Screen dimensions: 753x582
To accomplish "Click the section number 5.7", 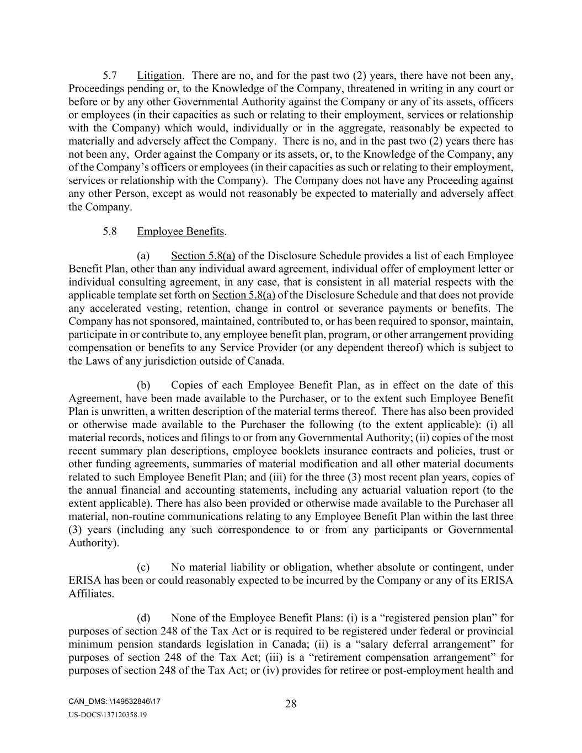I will point(109,76).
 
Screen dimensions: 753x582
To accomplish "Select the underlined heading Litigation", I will point(159,76).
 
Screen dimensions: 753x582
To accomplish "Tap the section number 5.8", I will point(109,232).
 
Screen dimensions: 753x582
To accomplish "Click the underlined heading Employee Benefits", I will point(180,232).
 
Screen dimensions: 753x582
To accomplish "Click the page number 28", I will point(291,704).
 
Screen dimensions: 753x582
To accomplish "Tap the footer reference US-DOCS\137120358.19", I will point(108,715).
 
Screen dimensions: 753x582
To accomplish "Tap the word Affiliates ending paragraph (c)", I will point(91,594).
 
